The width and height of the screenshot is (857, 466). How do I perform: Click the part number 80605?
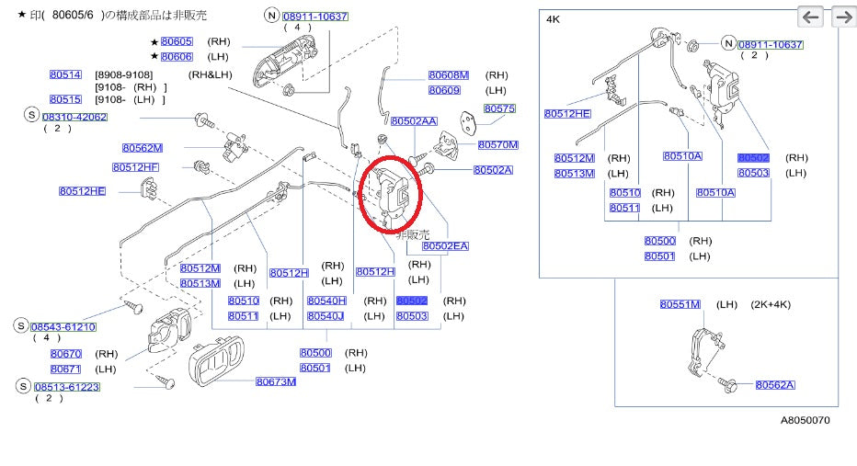tap(177, 41)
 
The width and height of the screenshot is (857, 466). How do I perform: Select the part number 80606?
tap(177, 57)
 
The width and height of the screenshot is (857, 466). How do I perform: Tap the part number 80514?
tap(65, 74)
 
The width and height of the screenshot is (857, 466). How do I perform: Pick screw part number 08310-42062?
tap(74, 117)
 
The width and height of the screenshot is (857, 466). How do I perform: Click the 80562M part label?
tap(143, 147)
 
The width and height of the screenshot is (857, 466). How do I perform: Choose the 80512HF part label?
tap(135, 167)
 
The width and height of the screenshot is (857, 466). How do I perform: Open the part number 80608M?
tap(449, 75)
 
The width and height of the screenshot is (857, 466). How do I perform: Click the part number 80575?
tap(500, 108)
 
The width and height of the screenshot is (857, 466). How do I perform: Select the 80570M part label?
tap(497, 144)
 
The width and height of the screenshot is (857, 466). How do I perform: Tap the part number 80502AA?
tap(414, 120)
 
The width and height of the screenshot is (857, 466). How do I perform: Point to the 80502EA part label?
tap(445, 245)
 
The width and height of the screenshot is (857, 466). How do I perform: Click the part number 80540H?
tap(326, 301)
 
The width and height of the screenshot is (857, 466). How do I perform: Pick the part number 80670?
tap(66, 354)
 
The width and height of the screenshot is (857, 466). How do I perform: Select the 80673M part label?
tap(276, 381)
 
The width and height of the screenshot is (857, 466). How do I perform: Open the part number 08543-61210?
tap(63, 326)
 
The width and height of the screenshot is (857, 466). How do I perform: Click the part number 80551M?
tap(680, 304)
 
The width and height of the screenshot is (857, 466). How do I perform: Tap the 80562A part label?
tap(775, 385)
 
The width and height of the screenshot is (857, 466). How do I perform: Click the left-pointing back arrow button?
tap(810, 17)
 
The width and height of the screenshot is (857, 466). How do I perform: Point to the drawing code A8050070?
tap(806, 420)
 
